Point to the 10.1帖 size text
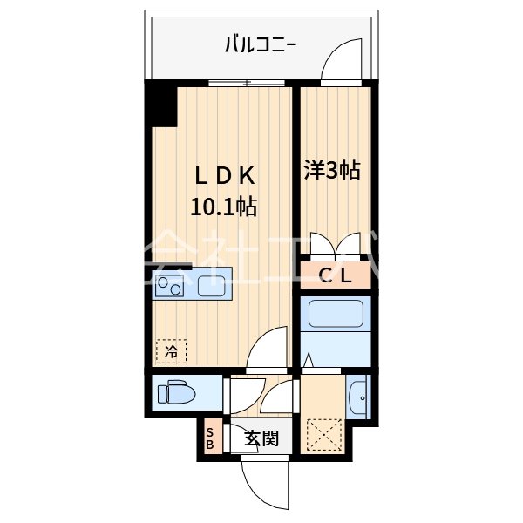pos(223,207)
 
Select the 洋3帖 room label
pos(332,169)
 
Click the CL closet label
pos(336,276)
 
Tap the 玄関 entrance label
pos(261,438)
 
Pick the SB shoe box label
pos(209,438)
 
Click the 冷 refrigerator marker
pos(171,352)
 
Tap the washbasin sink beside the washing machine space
pos(358,400)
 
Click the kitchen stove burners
pos(169,286)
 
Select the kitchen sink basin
pos(214,285)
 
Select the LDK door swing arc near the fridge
pos(267,347)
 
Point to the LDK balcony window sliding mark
pos(248,85)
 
